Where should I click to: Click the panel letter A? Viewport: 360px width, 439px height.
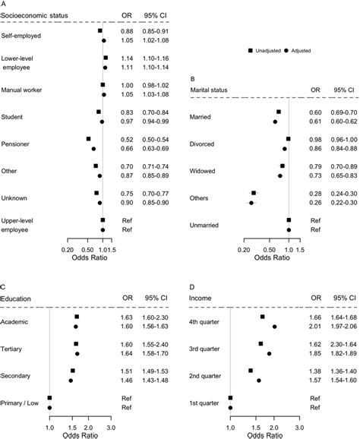click(x=5, y=4)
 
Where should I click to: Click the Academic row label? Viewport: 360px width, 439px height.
click(x=18, y=322)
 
